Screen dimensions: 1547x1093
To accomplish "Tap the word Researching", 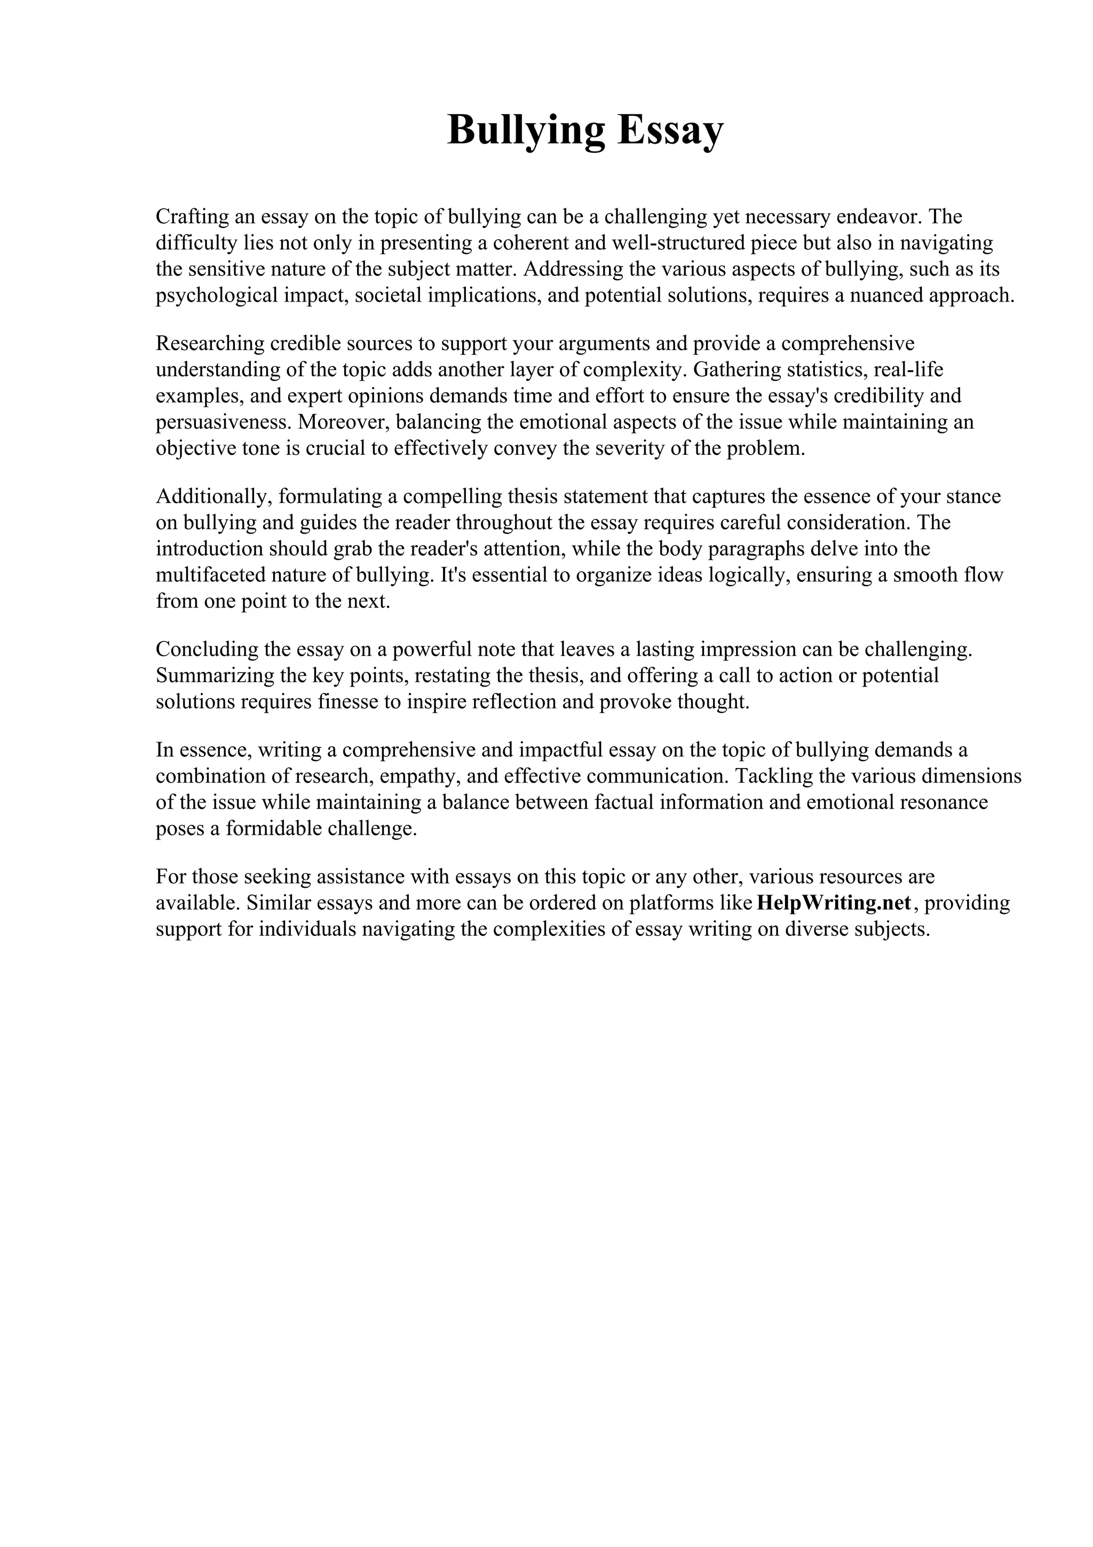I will click(x=209, y=344).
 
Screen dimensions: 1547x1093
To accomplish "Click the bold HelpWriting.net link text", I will click(x=834, y=903).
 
